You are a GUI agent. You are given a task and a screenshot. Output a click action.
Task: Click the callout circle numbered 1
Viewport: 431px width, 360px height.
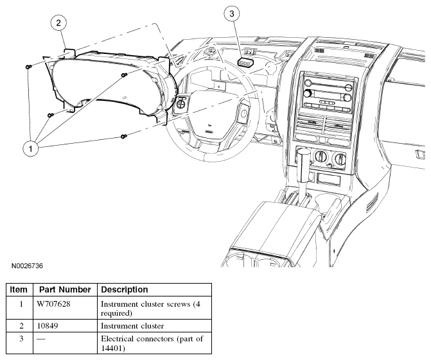(x=31, y=149)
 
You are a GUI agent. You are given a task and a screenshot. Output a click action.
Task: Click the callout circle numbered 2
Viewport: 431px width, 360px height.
(x=58, y=22)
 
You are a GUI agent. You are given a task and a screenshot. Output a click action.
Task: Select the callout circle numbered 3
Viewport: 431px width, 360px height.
(x=232, y=13)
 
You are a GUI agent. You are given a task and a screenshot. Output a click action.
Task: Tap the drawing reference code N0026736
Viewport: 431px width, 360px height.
(x=27, y=266)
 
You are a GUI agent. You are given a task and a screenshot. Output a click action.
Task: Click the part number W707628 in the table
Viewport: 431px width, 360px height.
(x=53, y=304)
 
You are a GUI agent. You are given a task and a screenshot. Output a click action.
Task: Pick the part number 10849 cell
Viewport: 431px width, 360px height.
(x=48, y=326)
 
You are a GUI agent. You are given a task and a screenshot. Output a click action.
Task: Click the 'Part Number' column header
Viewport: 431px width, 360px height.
(x=65, y=289)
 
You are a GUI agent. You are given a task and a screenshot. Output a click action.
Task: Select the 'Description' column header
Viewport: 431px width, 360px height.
(x=125, y=289)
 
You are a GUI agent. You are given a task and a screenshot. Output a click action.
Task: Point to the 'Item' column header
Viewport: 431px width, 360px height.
(x=19, y=289)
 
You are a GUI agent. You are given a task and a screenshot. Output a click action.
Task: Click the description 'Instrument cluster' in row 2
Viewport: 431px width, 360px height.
(x=132, y=326)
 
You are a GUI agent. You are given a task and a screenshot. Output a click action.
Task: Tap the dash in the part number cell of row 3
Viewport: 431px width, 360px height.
(x=41, y=339)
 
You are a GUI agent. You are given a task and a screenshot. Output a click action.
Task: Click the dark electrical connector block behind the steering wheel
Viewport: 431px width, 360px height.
(x=247, y=62)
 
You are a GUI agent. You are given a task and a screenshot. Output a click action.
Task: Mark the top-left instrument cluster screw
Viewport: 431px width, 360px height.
(x=28, y=67)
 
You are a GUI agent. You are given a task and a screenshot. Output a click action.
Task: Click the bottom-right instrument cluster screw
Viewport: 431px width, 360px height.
(x=124, y=136)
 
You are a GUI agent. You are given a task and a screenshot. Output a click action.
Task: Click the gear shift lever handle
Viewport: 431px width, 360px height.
(x=304, y=166)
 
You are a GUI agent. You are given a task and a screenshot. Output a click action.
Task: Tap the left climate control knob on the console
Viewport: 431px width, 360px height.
(x=321, y=156)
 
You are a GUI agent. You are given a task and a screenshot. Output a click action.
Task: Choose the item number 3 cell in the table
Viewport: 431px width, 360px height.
(x=21, y=339)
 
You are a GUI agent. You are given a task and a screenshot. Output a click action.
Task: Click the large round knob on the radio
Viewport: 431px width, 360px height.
(x=307, y=93)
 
